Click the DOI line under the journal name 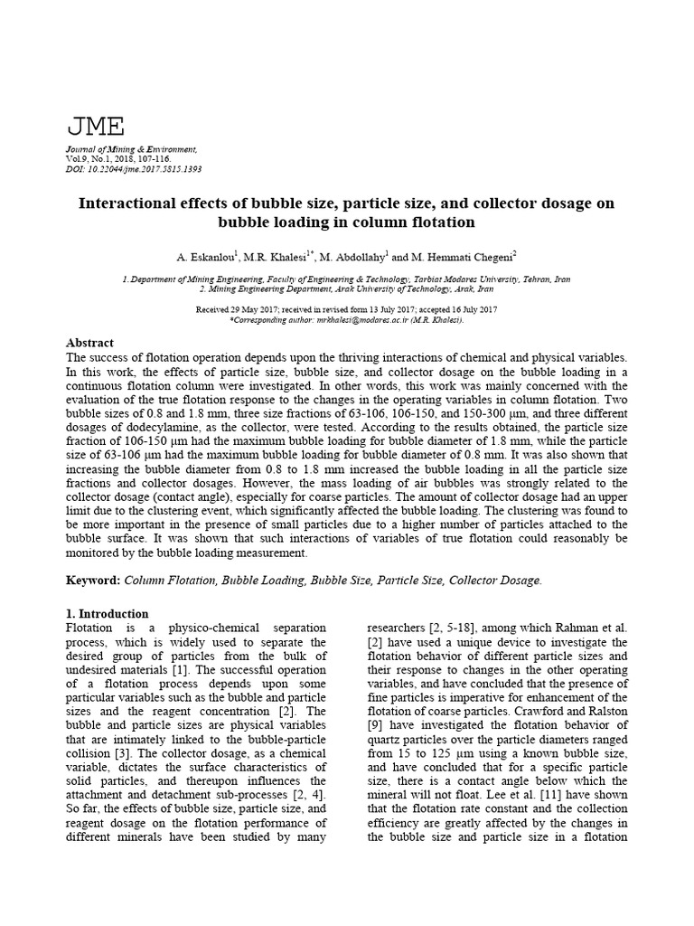tap(134, 168)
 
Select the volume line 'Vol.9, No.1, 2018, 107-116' tap(117, 158)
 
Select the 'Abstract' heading tap(90, 344)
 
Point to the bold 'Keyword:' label tap(94, 581)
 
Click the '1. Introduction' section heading tap(108, 613)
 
